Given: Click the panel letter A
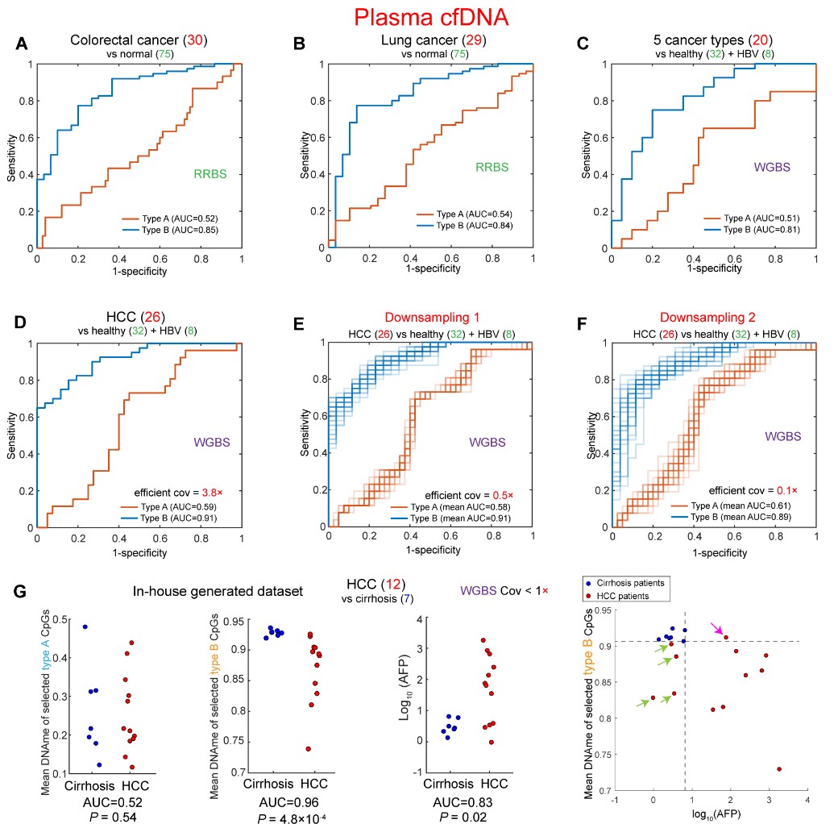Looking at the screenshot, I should tap(23, 45).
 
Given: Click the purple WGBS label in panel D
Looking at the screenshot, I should tap(215, 442).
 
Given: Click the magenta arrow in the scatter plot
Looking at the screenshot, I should tap(716, 628).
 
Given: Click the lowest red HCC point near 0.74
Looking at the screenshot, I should tap(308, 748).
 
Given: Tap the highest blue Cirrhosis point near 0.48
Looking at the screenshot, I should tap(85, 626).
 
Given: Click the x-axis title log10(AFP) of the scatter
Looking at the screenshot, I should tap(709, 815).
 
